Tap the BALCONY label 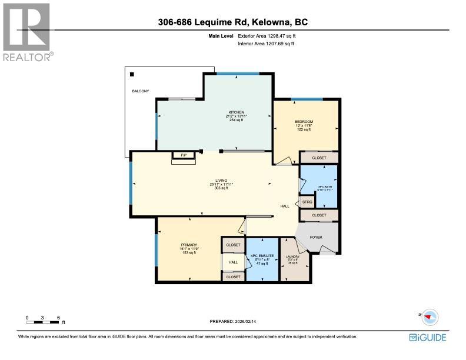141,91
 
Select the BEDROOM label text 304,122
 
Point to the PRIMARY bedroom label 189,245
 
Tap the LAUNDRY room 292,259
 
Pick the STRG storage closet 307,202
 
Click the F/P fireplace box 184,155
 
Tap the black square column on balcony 132,75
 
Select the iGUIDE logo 428,338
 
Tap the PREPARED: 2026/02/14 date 233,321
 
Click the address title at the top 233,22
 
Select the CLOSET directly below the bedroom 319,158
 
